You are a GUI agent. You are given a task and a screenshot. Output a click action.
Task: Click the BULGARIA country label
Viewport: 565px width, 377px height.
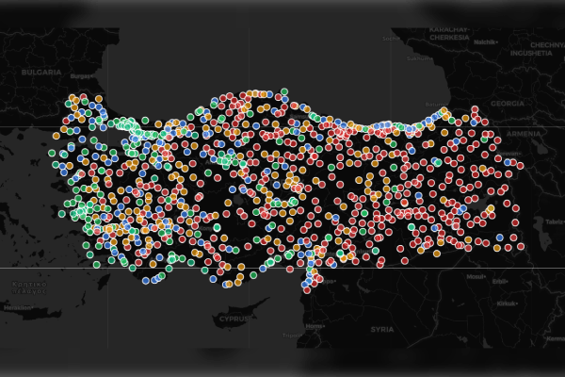click(43, 72)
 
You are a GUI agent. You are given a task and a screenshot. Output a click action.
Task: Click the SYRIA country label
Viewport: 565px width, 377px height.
click(381, 329)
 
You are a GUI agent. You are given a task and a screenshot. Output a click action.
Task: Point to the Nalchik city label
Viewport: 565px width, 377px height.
click(485, 42)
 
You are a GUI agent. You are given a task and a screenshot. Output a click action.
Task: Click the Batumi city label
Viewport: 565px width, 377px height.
click(436, 104)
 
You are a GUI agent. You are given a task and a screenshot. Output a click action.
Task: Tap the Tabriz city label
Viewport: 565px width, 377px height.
click(553, 222)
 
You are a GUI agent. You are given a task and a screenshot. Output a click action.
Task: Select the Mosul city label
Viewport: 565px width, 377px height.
click(478, 277)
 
